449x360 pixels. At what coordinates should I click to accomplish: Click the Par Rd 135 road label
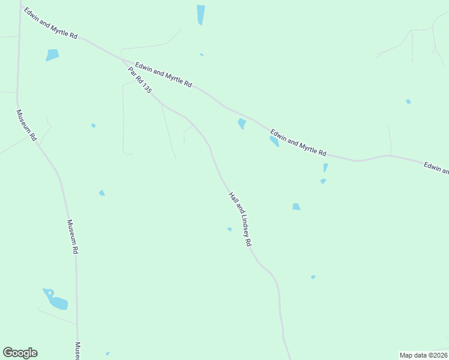click(139, 80)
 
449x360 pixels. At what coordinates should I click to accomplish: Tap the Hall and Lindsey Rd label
click(240, 219)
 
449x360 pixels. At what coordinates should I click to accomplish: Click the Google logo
click(20, 353)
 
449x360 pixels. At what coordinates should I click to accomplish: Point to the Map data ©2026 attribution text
click(423, 355)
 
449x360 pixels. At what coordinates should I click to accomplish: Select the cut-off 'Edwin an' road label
click(436, 168)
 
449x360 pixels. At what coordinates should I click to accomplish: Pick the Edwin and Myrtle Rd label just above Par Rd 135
click(163, 75)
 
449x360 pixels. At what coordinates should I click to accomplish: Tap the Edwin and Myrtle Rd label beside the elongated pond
click(298, 143)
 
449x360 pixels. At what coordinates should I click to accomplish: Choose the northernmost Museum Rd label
click(27, 125)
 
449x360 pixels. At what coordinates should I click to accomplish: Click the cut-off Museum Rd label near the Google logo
click(77, 351)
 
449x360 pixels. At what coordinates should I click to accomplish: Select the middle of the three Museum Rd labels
click(72, 236)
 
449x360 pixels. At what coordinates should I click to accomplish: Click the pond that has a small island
click(55, 299)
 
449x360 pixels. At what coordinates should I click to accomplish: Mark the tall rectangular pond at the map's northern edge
click(200, 14)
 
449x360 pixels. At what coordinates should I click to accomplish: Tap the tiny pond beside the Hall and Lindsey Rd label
click(229, 229)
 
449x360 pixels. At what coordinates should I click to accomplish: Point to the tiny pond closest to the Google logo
click(107, 353)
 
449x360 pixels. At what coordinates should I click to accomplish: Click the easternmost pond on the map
click(408, 101)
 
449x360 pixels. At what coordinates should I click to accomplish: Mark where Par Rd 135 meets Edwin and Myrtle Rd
click(124, 61)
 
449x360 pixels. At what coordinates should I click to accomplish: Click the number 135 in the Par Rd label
click(146, 88)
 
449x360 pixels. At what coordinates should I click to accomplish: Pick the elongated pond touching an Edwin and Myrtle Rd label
click(274, 142)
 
